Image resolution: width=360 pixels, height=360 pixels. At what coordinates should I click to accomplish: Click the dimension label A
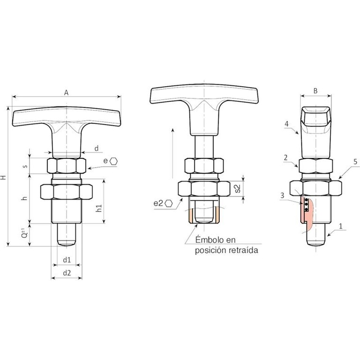point(66,92)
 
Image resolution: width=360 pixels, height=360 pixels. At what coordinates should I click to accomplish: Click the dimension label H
point(3,177)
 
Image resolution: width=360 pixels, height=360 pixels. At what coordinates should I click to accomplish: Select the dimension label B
point(315,91)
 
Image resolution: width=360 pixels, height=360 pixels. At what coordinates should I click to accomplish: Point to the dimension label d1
point(67,260)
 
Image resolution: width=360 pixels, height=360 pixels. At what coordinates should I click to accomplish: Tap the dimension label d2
point(67,273)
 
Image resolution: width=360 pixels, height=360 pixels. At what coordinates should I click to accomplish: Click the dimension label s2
point(238,188)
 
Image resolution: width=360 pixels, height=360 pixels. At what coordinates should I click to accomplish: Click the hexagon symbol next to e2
point(169,203)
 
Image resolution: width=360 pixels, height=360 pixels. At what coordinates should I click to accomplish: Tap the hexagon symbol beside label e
point(113,161)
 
